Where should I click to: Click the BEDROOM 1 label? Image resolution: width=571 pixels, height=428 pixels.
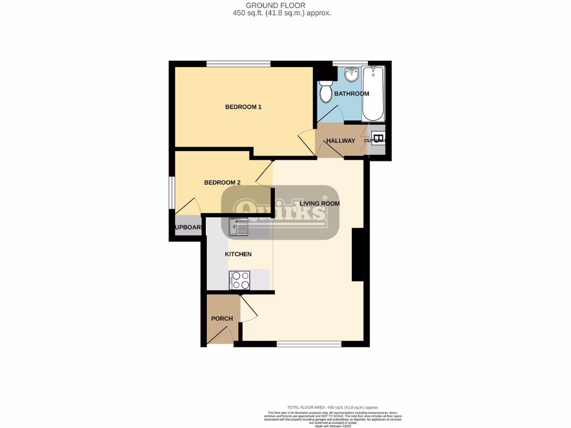(x=243, y=107)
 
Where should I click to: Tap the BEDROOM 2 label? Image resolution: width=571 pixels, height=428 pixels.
(x=222, y=182)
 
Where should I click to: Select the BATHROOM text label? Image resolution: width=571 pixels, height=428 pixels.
(x=351, y=94)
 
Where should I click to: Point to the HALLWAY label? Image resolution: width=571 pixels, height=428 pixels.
(x=340, y=140)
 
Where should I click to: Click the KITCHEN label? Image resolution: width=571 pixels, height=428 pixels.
(x=238, y=254)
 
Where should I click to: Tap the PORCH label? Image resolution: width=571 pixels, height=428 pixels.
(x=221, y=319)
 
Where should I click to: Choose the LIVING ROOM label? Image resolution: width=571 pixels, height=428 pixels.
(x=320, y=203)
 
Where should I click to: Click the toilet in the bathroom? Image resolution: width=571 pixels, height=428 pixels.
(x=326, y=93)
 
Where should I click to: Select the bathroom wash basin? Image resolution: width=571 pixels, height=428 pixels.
(x=351, y=74)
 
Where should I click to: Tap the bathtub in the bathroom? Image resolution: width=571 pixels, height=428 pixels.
(x=372, y=94)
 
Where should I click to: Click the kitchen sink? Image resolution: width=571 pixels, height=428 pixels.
(x=238, y=226)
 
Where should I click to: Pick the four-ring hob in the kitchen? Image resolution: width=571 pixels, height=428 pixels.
(x=238, y=280)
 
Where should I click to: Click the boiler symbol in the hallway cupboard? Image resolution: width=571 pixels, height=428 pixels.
(x=378, y=139)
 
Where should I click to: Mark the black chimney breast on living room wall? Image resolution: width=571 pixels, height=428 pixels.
(x=357, y=255)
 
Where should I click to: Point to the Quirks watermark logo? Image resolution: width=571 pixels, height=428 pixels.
(x=280, y=212)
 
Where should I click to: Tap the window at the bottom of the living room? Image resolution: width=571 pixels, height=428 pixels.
(x=309, y=344)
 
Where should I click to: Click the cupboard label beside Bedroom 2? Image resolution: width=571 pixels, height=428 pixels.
(x=187, y=227)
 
